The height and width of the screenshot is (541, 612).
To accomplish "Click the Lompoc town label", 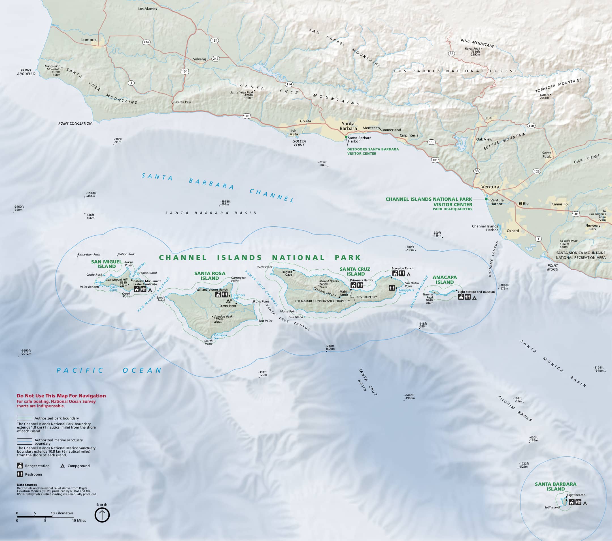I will (89, 40).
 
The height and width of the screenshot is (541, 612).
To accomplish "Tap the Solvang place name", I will (199, 59).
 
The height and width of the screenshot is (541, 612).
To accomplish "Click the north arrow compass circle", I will (102, 515).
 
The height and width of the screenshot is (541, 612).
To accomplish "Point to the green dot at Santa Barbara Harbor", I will (346, 137).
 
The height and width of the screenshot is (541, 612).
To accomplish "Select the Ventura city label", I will (490, 187).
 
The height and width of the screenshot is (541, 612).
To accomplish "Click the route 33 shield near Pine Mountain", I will (451, 54).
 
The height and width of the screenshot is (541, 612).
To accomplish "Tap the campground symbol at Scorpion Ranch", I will (409, 274).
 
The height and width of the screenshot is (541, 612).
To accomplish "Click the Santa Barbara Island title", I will (555, 487).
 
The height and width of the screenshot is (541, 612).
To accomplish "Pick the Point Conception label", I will (75, 123).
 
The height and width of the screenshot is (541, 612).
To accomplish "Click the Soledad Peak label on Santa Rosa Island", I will (223, 316).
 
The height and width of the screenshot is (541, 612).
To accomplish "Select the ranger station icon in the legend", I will (20, 466).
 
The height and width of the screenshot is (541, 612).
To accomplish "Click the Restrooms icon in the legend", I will (20, 474).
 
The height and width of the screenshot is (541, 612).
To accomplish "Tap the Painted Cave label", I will (287, 273).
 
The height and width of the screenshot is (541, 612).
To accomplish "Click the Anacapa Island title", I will (445, 280).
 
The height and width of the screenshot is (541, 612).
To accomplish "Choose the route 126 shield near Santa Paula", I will (536, 171).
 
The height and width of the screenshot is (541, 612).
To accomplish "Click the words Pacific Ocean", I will (109, 370).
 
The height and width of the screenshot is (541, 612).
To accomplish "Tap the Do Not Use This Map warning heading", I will (61, 396).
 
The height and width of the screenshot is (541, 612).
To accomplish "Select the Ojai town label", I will (489, 118).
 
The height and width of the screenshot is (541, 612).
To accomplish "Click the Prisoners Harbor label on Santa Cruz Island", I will (362, 280).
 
